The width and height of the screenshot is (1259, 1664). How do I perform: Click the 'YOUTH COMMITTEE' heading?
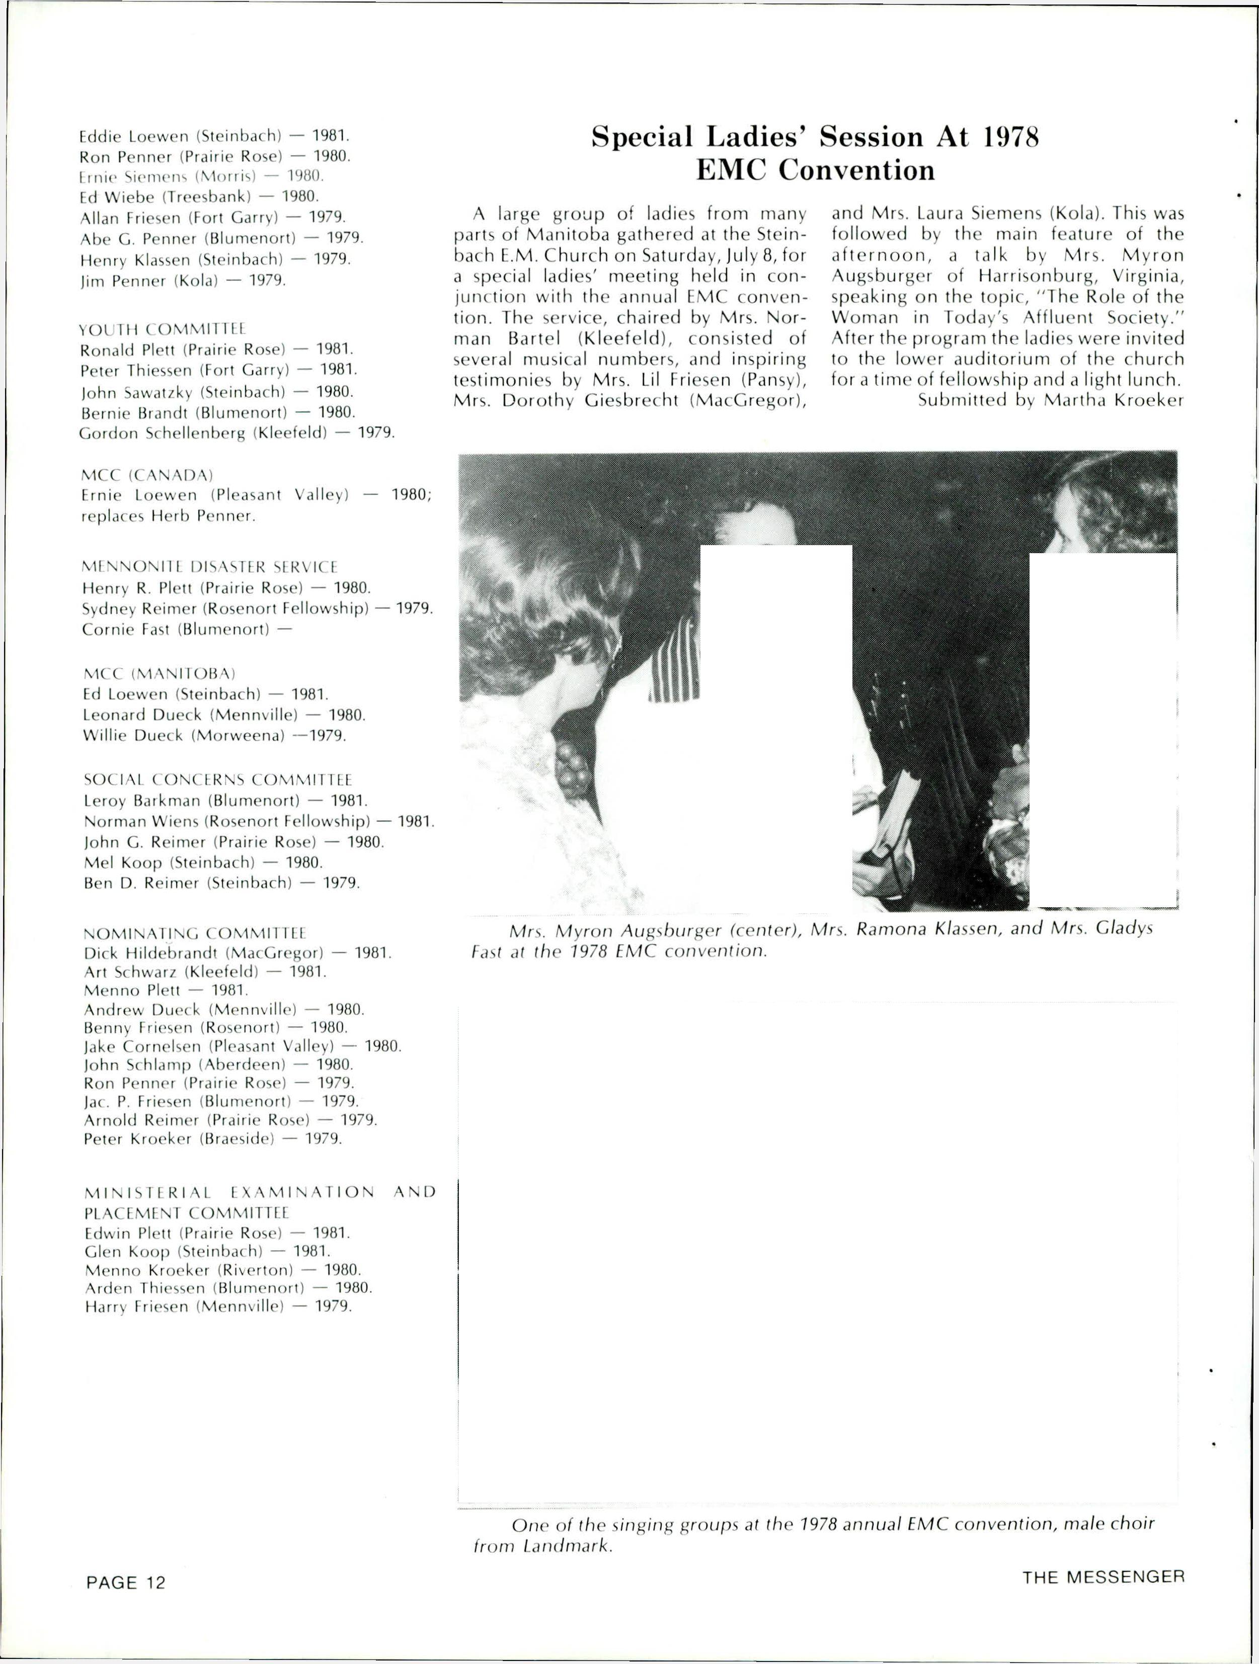[163, 329]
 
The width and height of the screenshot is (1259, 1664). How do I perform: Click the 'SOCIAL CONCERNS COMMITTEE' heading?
[217, 779]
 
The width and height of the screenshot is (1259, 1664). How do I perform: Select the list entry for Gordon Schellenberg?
[237, 433]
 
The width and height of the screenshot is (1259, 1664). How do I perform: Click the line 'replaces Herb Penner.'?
[169, 517]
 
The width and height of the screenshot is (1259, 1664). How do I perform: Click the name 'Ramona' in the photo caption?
[893, 929]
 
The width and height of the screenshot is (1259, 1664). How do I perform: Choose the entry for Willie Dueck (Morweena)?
[214, 736]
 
